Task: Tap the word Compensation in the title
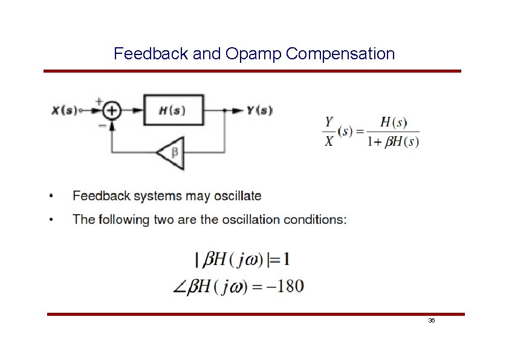click(x=341, y=54)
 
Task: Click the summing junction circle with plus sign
click(x=112, y=111)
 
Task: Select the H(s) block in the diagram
click(x=173, y=110)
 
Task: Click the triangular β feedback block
click(x=172, y=152)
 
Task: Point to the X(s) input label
click(x=64, y=111)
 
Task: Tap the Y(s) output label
click(x=259, y=110)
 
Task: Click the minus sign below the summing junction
click(x=102, y=125)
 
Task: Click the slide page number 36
click(x=431, y=320)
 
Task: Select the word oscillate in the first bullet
click(x=241, y=196)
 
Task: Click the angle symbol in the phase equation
click(x=180, y=286)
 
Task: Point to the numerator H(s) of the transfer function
click(x=393, y=122)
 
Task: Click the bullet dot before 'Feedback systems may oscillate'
click(x=53, y=196)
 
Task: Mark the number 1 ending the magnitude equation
click(x=285, y=260)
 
